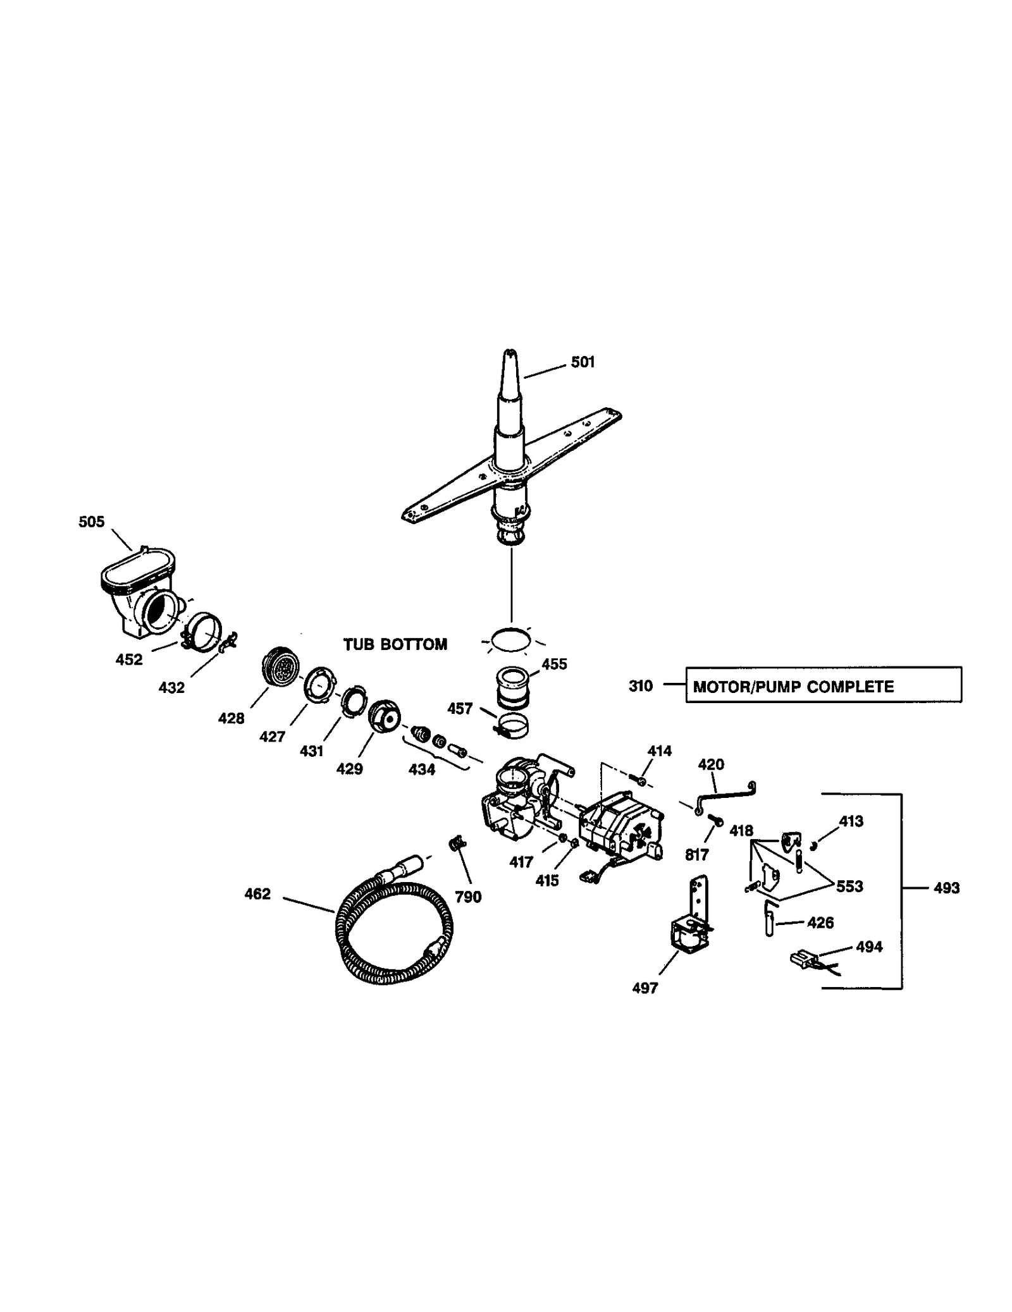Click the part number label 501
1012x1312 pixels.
[x=582, y=362]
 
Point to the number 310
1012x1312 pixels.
[x=640, y=686]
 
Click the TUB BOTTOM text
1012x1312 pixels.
[x=395, y=644]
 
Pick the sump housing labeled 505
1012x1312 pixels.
[x=140, y=594]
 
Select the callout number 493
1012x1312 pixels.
[x=946, y=888]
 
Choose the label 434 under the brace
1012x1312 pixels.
[x=421, y=769]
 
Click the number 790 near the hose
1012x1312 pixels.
[x=468, y=897]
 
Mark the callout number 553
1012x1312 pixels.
[x=849, y=886]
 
